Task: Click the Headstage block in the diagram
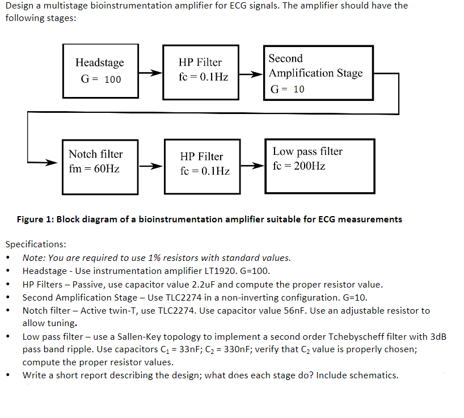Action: [x=100, y=70]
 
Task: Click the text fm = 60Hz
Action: [x=94, y=169]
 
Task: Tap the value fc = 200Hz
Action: [x=299, y=166]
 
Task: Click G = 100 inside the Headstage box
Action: [x=101, y=79]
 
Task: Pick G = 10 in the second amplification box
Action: [x=288, y=89]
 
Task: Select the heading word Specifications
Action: [x=35, y=244]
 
